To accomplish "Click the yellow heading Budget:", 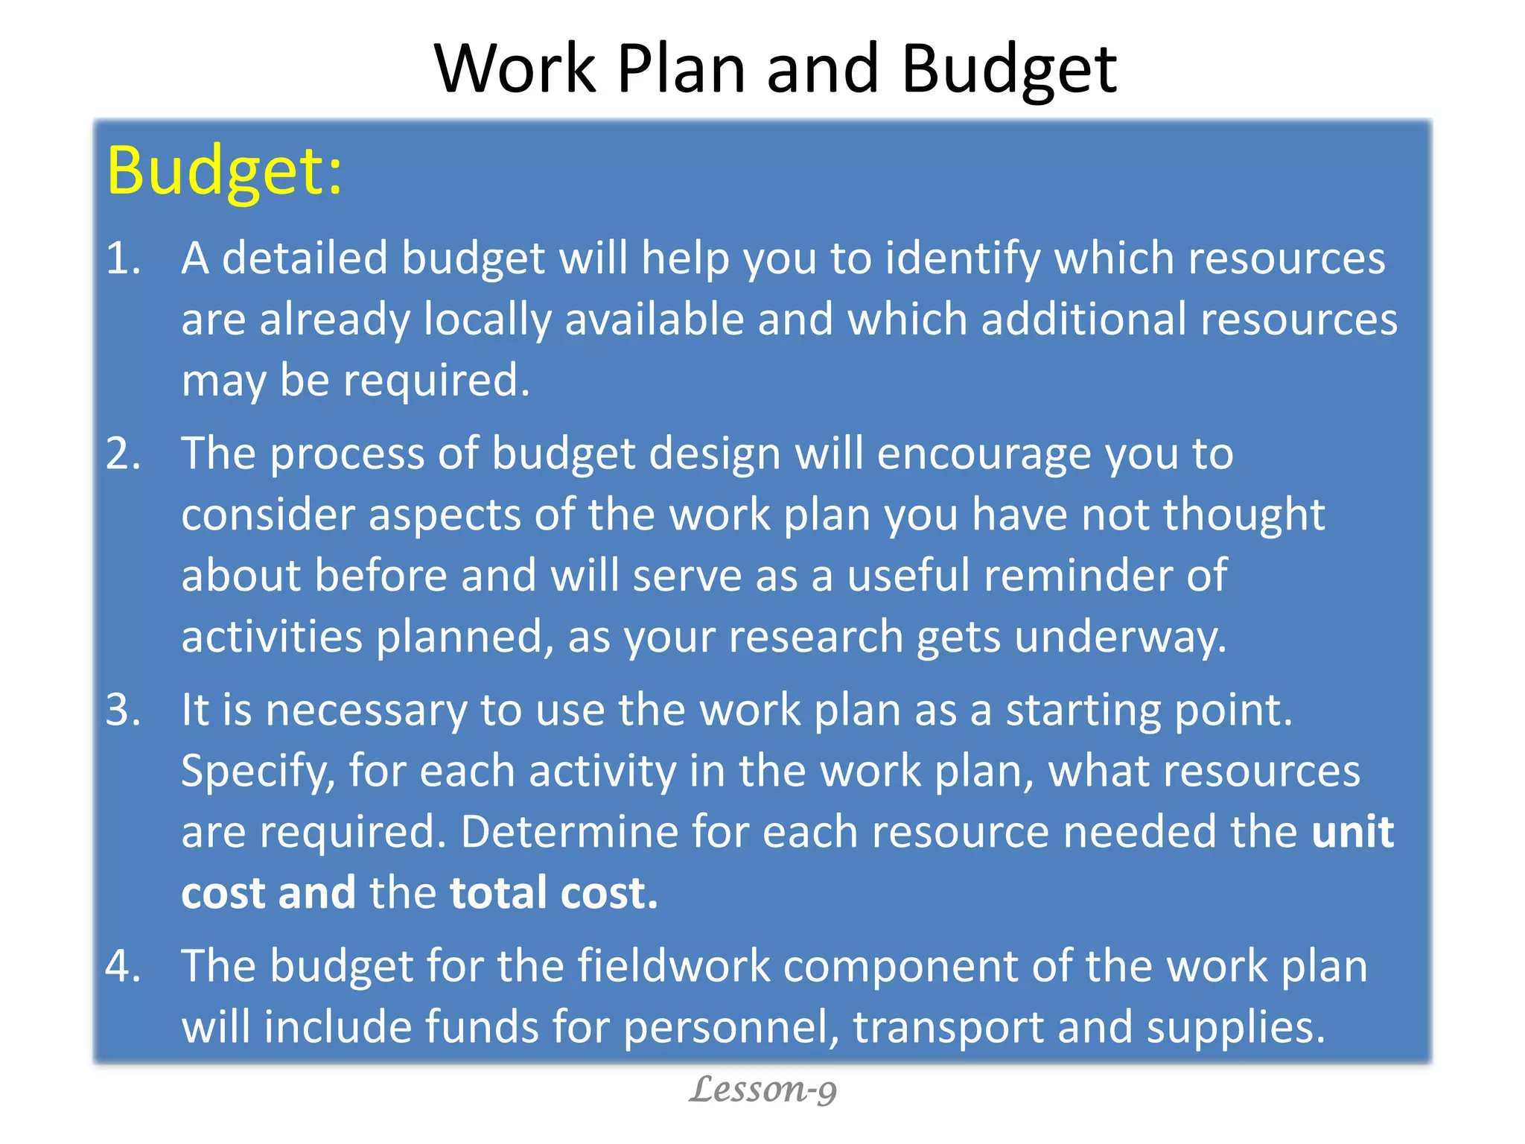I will pos(224,171).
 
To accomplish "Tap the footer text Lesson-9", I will pos(762,1090).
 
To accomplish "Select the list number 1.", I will pos(123,259).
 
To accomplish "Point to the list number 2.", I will pos(123,454).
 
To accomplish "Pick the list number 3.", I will pos(123,710).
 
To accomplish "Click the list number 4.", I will pos(123,966).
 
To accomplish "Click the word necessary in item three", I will pos(366,711).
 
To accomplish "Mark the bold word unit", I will pos(1352,832).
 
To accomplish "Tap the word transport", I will pos(948,1029).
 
